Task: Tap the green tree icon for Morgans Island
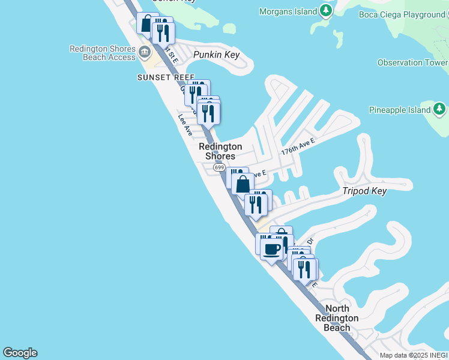tap(326, 11)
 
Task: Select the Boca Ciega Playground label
tap(402, 14)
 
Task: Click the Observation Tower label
tap(412, 62)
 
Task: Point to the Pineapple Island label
tap(400, 110)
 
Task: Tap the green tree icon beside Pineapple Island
tap(440, 109)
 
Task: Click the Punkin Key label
tap(216, 55)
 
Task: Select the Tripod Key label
tap(364, 191)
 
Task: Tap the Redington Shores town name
tap(220, 151)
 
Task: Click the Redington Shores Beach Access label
tap(103, 53)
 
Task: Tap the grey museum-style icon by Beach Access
tap(145, 53)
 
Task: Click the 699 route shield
tap(219, 167)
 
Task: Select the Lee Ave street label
tap(184, 125)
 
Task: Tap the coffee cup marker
tap(272, 248)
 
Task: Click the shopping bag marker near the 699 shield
tap(243, 184)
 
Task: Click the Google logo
tap(20, 353)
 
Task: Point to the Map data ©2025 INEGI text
tap(414, 355)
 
